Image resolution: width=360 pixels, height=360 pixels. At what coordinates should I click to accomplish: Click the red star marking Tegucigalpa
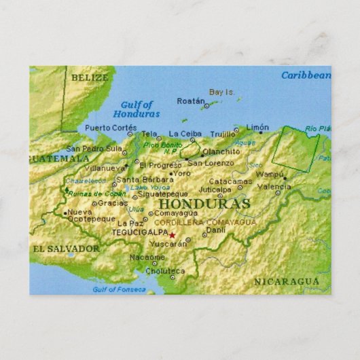[x=172, y=235]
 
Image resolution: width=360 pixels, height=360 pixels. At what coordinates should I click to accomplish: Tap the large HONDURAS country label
[x=204, y=204]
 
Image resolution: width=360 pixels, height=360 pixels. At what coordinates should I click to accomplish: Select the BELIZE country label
[x=89, y=77]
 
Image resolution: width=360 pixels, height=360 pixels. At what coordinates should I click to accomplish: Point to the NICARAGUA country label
[x=286, y=281]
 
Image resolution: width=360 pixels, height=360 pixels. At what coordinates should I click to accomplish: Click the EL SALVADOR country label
[x=65, y=249]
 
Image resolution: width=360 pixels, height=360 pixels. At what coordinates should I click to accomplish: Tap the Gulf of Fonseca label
[x=119, y=289]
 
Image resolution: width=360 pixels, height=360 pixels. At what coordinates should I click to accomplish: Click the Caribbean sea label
[x=306, y=75]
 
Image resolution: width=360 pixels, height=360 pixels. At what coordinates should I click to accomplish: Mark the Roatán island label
[x=190, y=101]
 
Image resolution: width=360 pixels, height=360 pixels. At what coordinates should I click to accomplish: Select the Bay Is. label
[x=221, y=92]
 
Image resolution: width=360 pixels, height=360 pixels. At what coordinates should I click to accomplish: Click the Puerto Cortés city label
[x=111, y=127]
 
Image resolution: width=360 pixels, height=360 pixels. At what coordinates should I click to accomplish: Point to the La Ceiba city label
[x=184, y=134]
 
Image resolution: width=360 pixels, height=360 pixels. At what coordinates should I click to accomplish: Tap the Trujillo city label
[x=222, y=134]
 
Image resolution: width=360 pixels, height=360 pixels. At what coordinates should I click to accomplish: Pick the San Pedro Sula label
[x=94, y=148]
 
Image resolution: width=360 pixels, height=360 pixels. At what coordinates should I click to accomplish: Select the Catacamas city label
[x=230, y=181]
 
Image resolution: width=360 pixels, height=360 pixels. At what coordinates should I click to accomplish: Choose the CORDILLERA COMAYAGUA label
[x=205, y=222]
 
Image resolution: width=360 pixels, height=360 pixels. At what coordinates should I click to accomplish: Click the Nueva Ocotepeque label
[x=91, y=215]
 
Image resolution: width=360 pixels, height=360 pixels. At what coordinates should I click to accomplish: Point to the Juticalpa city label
[x=215, y=190]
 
